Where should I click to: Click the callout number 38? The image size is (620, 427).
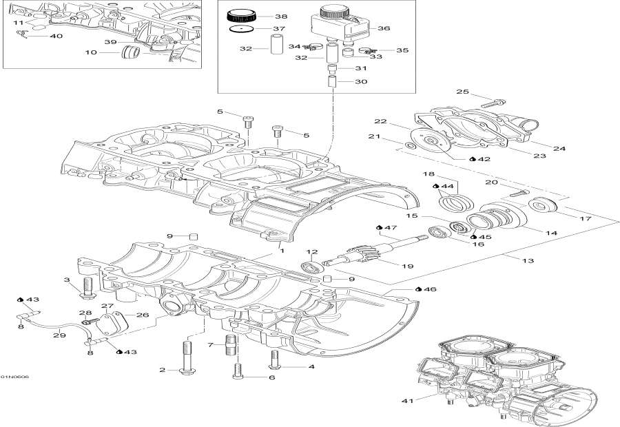pyautogui.click(x=282, y=16)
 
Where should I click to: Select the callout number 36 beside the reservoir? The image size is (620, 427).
pyautogui.click(x=384, y=28)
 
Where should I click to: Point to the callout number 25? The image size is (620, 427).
pyautogui.click(x=462, y=92)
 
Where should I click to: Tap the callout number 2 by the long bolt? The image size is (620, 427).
pyautogui.click(x=163, y=371)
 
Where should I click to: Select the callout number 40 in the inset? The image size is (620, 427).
pyautogui.click(x=56, y=36)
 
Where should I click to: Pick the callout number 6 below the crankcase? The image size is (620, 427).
pyautogui.click(x=271, y=377)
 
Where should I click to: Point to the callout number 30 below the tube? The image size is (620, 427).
pyautogui.click(x=361, y=81)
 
